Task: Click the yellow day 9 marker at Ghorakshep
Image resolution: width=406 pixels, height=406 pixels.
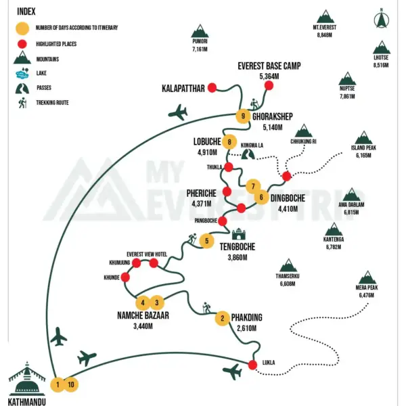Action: coord(243,116)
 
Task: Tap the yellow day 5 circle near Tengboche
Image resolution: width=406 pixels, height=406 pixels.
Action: coord(206,241)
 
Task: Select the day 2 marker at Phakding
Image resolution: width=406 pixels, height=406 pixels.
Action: coord(223,318)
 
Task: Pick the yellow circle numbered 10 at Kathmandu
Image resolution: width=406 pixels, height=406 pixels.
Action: coord(71,384)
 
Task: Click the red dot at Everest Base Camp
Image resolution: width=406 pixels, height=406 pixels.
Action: coord(269,85)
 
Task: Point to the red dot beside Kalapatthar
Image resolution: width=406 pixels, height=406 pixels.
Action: coord(212,88)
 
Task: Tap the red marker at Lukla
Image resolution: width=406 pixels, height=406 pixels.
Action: coord(252,365)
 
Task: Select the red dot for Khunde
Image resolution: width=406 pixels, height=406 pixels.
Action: coord(125,277)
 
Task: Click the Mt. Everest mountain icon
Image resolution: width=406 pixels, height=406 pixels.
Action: coord(325,16)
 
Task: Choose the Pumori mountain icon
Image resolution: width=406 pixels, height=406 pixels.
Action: coord(200,31)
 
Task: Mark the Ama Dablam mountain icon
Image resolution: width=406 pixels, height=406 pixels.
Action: coord(351,194)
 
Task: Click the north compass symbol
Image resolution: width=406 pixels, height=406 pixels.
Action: coord(382,19)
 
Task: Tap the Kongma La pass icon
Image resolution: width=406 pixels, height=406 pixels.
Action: coord(248,154)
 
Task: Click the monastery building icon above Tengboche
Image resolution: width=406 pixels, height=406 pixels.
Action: coord(238,234)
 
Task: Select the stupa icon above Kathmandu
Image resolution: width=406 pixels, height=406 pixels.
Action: coord(26,378)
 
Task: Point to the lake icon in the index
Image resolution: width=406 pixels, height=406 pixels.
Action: coord(22,73)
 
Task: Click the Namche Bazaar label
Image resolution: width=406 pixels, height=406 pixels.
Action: coord(143,315)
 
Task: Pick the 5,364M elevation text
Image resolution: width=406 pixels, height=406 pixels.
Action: coord(269,76)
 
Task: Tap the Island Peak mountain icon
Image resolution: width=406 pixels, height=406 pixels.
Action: coord(363,137)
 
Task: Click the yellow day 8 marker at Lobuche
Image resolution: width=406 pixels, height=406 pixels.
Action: coord(229,141)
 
